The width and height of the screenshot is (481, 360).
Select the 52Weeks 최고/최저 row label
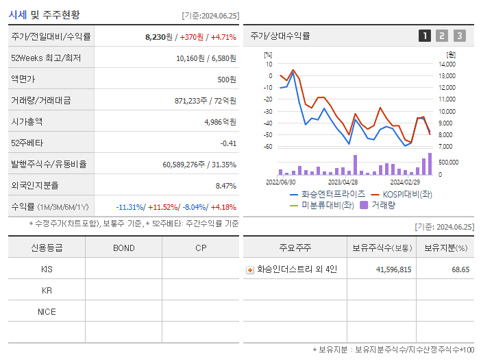click(46, 58)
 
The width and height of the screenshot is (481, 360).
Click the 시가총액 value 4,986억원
click(220, 122)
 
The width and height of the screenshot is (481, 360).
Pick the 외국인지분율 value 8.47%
click(225, 185)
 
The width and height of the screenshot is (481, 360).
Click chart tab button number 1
click(425, 36)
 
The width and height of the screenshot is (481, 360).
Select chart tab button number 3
click(459, 36)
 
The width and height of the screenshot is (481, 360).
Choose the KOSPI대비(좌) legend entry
click(407, 194)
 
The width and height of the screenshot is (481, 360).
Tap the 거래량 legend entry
click(382, 205)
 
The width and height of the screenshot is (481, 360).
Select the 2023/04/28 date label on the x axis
click(343, 182)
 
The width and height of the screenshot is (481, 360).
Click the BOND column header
click(123, 248)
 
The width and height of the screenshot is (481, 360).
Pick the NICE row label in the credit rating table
click(47, 312)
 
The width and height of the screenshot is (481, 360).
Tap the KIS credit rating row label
click(47, 269)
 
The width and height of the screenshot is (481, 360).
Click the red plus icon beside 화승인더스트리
click(250, 270)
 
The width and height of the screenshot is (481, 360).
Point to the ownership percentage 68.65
click(460, 270)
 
